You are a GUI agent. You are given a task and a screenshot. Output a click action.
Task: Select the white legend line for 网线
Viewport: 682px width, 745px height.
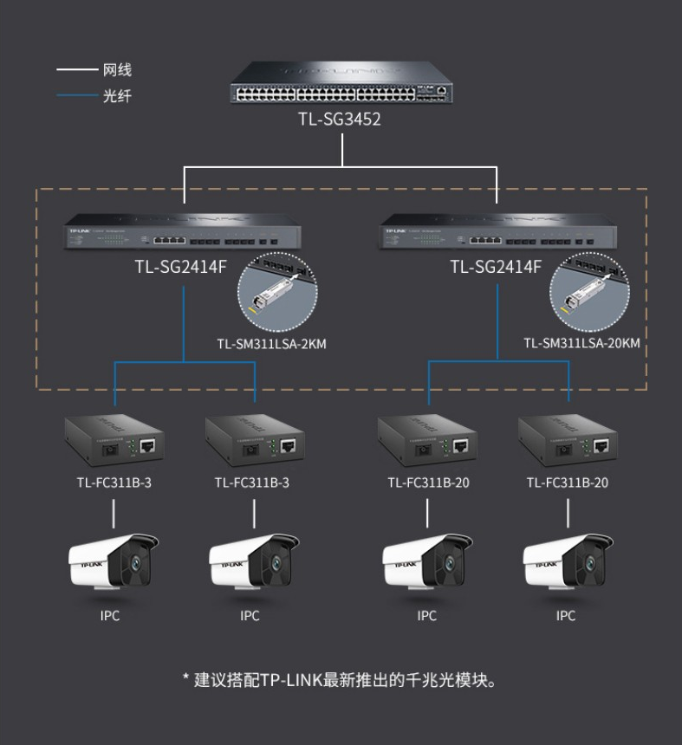pyautogui.click(x=76, y=69)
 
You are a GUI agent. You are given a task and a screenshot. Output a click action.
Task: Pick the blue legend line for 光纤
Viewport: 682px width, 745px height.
pyautogui.click(x=76, y=95)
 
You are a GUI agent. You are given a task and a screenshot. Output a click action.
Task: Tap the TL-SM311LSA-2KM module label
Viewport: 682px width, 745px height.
pyautogui.click(x=271, y=344)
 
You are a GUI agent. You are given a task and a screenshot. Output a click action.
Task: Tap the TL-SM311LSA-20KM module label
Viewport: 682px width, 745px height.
pyautogui.click(x=581, y=344)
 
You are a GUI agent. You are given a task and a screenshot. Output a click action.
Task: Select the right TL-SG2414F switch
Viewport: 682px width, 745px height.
pyautogui.click(x=497, y=238)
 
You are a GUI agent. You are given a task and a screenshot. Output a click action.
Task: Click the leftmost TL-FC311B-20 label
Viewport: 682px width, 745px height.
pyautogui.click(x=427, y=483)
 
